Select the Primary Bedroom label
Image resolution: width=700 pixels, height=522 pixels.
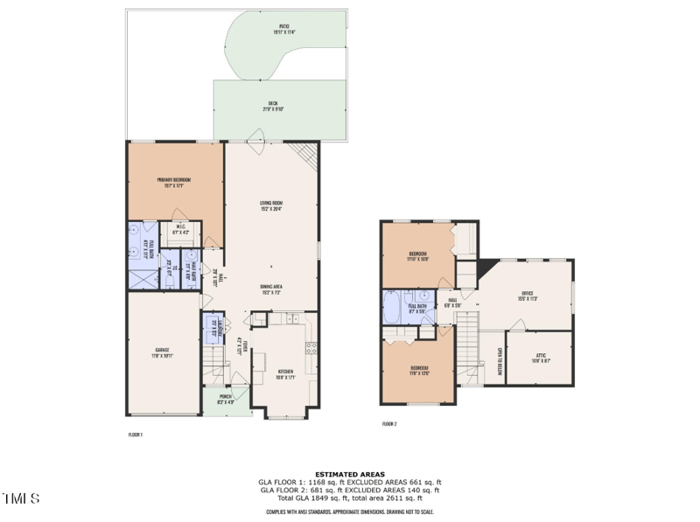pyautogui.click(x=174, y=181)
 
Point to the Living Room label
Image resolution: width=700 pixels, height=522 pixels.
pyautogui.click(x=270, y=205)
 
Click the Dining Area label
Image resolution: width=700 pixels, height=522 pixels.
pyautogui.click(x=270, y=289)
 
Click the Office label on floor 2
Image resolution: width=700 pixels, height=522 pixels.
pyautogui.click(x=528, y=296)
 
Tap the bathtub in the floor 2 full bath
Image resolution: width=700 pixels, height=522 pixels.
pyautogui.click(x=391, y=308)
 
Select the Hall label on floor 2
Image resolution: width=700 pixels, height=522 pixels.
pyautogui.click(x=452, y=303)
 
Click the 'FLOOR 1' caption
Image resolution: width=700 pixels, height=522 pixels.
pyautogui.click(x=136, y=434)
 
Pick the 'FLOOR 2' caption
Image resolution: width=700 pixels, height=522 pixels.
pyautogui.click(x=389, y=424)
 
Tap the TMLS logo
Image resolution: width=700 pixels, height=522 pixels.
pyautogui.click(x=21, y=499)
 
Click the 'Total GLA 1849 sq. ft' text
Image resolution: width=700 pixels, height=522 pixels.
pyautogui.click(x=315, y=498)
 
